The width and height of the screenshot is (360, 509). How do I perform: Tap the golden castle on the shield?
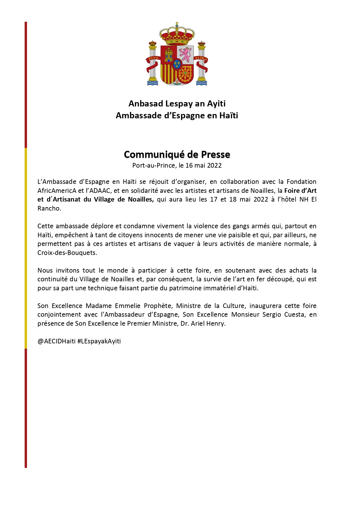point(169,55)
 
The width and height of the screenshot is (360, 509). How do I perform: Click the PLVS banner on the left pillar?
point(153,58)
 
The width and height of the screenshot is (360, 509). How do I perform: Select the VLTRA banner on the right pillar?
point(201,58)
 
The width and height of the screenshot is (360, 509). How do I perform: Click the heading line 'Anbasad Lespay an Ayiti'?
point(177,104)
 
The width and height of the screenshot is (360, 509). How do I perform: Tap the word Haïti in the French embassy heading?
point(229,115)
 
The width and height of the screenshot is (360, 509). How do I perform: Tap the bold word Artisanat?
point(72,200)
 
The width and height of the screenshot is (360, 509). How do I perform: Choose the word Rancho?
point(49,209)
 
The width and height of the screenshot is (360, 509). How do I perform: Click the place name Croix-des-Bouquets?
point(67,253)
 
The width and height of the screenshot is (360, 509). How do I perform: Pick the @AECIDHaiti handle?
point(57,341)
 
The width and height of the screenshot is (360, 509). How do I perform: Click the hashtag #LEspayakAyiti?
point(99,341)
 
